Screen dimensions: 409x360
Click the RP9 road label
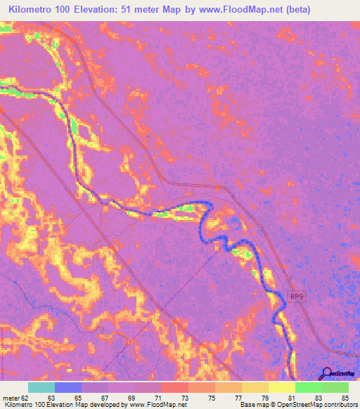coord(297,297)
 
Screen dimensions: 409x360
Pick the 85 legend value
coord(344,397)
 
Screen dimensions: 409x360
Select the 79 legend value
coord(264,397)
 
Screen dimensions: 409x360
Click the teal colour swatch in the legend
coord(41,387)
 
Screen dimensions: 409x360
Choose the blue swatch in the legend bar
coord(67,387)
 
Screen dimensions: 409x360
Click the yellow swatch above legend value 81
coord(281,387)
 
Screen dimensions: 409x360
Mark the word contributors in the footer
coord(340,405)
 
